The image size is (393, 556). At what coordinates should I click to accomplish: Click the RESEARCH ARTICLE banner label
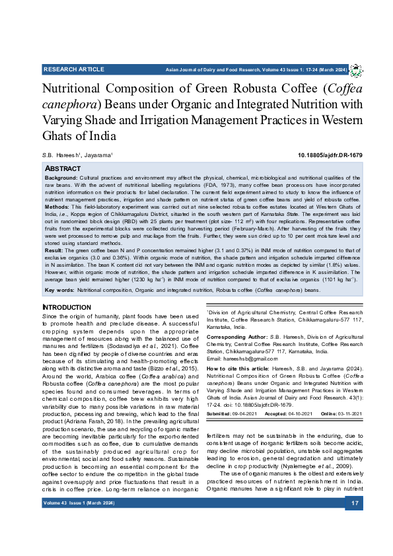(73, 69)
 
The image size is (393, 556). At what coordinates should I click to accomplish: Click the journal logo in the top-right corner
(355, 70)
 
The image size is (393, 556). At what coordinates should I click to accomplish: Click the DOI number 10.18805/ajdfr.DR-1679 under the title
(330, 155)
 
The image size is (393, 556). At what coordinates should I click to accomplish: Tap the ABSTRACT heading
(63, 169)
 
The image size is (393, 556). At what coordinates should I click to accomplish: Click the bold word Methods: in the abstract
(57, 205)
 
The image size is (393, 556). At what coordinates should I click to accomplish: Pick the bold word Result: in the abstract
(54, 251)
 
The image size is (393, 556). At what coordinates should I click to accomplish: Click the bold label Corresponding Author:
(236, 337)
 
